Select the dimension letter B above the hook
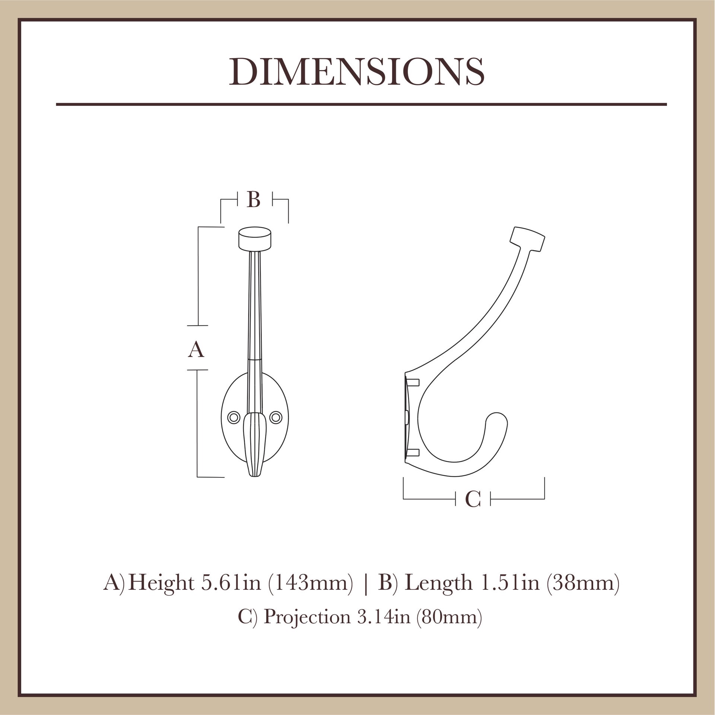254,200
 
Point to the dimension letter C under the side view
473,499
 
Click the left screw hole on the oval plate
233,417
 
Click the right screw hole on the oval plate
276,417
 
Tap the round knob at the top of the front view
255,239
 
